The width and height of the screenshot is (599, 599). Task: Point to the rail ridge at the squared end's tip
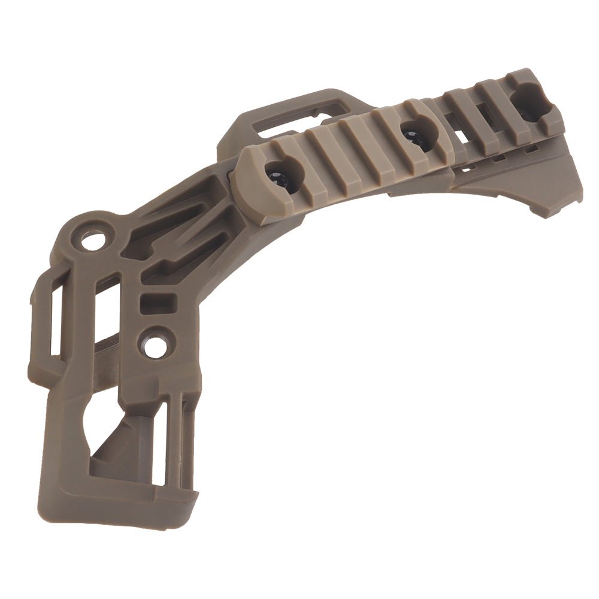pyautogui.click(x=551, y=102)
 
